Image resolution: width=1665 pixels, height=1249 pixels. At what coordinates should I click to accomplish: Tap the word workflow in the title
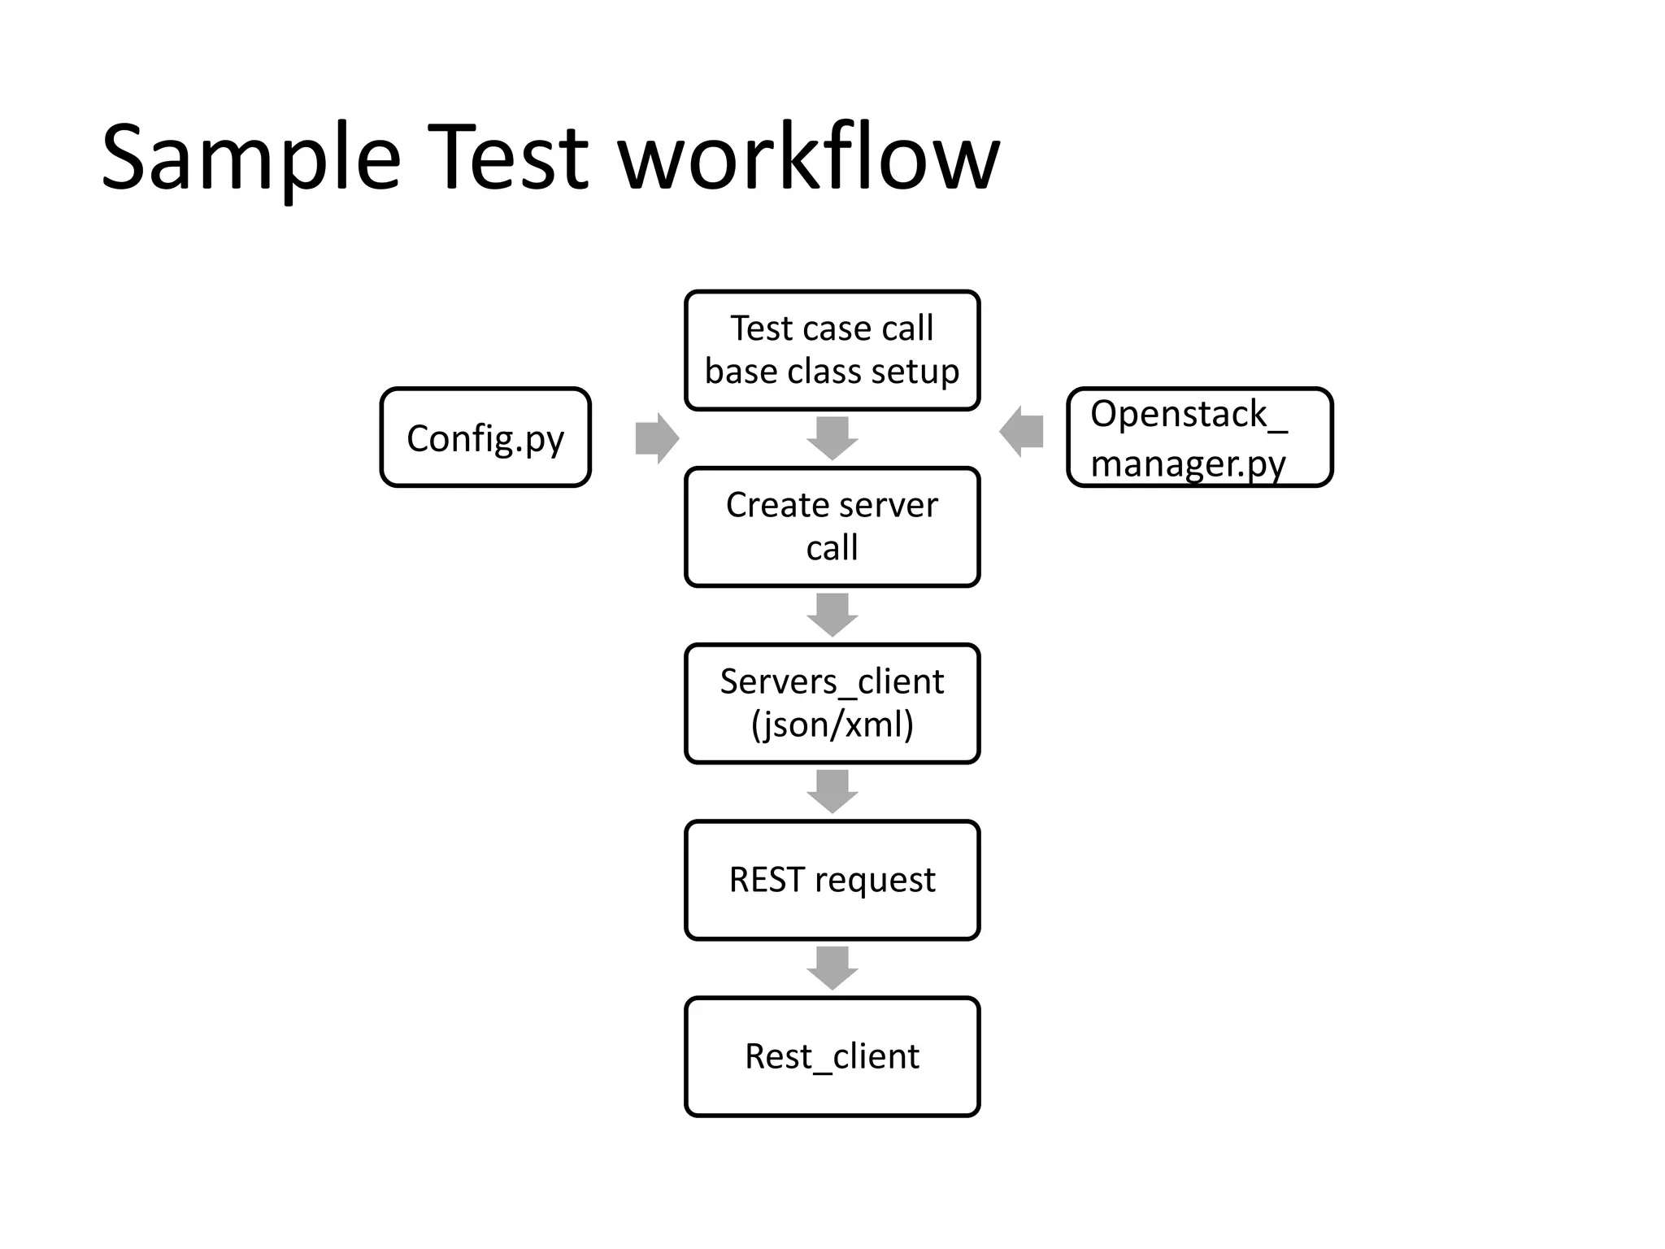tap(809, 159)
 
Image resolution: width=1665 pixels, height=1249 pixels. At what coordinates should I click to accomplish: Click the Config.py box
tap(485, 437)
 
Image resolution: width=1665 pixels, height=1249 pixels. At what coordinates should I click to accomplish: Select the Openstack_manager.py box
tap(1199, 437)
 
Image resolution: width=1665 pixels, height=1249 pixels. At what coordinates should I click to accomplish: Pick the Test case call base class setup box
tap(832, 350)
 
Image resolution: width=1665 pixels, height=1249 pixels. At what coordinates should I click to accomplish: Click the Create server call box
tap(832, 527)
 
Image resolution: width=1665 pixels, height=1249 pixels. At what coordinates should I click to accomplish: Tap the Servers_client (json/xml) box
tap(832, 703)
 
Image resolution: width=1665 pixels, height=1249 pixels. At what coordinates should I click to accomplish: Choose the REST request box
tap(832, 880)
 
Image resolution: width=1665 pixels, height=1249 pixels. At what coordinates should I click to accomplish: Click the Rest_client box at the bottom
tap(832, 1056)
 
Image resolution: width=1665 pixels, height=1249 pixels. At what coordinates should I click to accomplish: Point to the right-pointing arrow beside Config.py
tap(656, 438)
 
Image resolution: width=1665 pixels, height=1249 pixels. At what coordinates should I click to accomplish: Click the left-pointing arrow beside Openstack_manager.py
tap(1022, 432)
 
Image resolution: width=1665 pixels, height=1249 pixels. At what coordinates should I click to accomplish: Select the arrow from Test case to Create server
tap(832, 438)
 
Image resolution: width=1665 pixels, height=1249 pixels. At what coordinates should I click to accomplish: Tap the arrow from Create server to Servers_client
tap(832, 615)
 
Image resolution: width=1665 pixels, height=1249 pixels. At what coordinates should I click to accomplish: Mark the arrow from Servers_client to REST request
tap(832, 791)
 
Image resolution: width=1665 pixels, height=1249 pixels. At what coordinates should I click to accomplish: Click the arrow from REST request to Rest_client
tap(832, 968)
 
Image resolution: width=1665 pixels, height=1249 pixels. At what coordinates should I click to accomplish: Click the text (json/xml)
tap(832, 725)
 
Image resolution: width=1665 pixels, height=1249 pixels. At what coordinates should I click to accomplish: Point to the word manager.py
tap(1188, 464)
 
